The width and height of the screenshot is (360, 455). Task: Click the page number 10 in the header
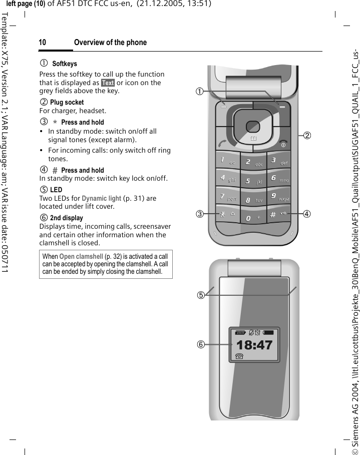pos(43,43)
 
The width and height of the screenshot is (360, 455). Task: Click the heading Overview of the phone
pos(110,43)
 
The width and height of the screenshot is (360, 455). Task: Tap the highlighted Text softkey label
pos(108,83)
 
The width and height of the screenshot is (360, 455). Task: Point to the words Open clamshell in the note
pos(79,257)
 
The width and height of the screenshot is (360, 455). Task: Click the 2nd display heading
pos(67,218)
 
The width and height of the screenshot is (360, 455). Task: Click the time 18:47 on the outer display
pos(254,331)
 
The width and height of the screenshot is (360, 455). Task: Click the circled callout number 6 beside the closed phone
pos(201,330)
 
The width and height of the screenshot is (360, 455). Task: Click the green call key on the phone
pos(221,143)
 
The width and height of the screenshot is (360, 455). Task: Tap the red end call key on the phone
pos(283,143)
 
